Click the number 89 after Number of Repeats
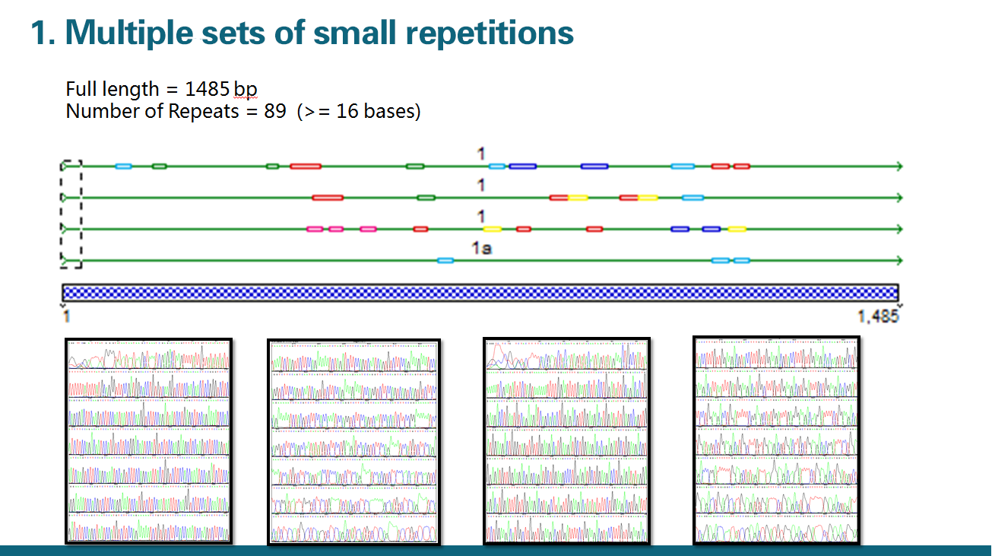point(274,111)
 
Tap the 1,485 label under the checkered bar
point(879,316)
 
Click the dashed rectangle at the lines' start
point(71,214)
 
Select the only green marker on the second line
point(426,198)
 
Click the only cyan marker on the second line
point(692,198)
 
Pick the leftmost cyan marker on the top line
point(123,166)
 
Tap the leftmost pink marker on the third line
point(315,229)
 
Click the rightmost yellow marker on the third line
point(736,229)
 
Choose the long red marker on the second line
point(328,198)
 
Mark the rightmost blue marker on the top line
point(594,166)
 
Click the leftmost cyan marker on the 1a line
point(445,261)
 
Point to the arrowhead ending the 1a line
point(899,261)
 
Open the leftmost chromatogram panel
point(148,441)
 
